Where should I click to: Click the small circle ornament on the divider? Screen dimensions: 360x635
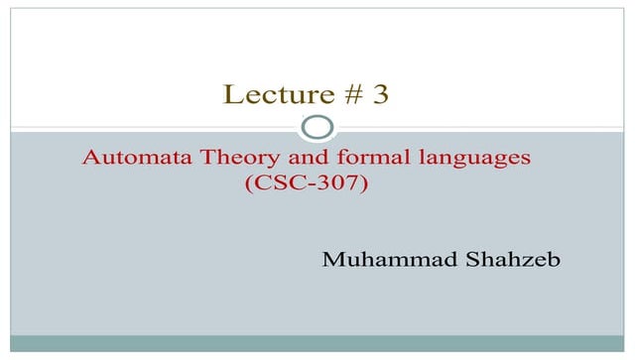click(317, 128)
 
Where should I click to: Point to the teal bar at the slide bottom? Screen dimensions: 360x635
click(317, 343)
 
